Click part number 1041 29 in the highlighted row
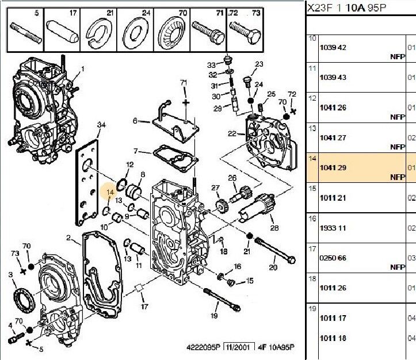tap(333, 167)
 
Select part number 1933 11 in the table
tap(333, 228)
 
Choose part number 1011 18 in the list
tap(333, 339)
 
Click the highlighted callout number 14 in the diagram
tap(110, 193)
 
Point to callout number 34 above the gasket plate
tap(101, 125)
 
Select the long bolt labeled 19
tap(218, 300)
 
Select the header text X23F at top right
tap(317, 7)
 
